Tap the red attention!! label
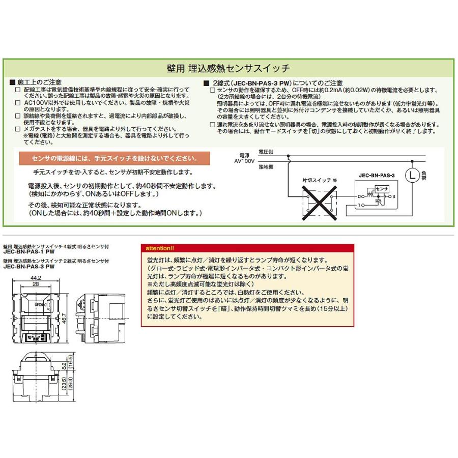(x=160, y=248)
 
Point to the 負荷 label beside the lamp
(x=425, y=176)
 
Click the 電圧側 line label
(x=266, y=152)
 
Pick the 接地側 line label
(x=266, y=166)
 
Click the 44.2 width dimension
(x=35, y=277)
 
